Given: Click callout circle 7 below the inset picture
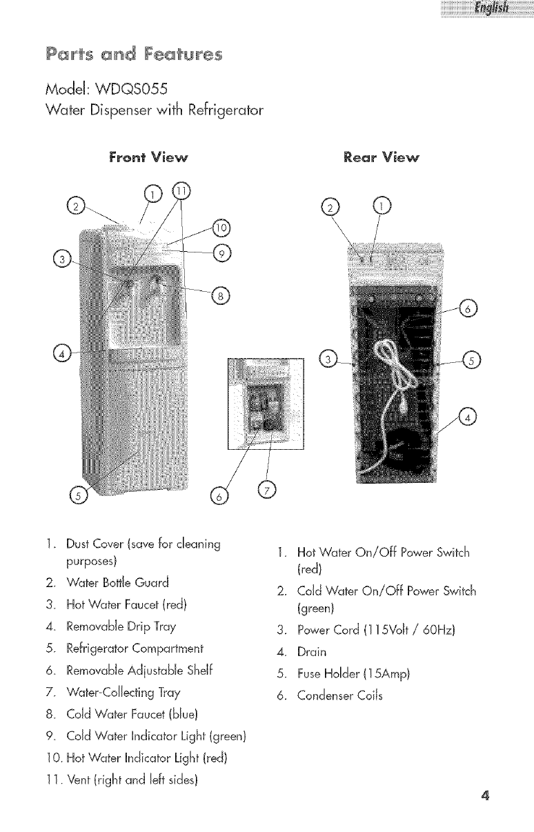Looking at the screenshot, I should point(266,490).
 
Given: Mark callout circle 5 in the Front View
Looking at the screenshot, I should point(79,496).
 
